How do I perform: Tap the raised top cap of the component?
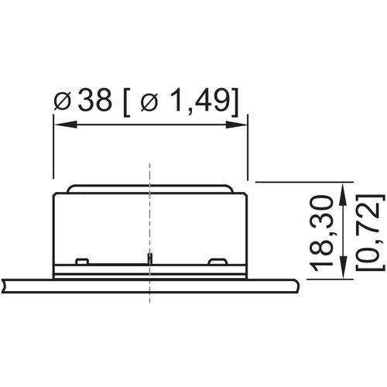149,189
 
